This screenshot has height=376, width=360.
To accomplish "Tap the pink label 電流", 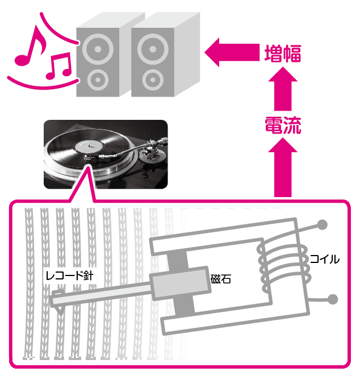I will [x=282, y=125].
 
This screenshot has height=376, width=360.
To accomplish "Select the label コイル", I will [x=324, y=260].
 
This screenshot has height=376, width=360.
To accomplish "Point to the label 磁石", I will [x=221, y=279].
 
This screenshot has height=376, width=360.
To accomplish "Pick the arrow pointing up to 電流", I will [x=282, y=168].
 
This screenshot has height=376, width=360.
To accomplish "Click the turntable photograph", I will [x=106, y=154].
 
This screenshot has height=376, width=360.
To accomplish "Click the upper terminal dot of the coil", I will [x=322, y=224].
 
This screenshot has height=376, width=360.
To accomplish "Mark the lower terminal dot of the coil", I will [x=333, y=299].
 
